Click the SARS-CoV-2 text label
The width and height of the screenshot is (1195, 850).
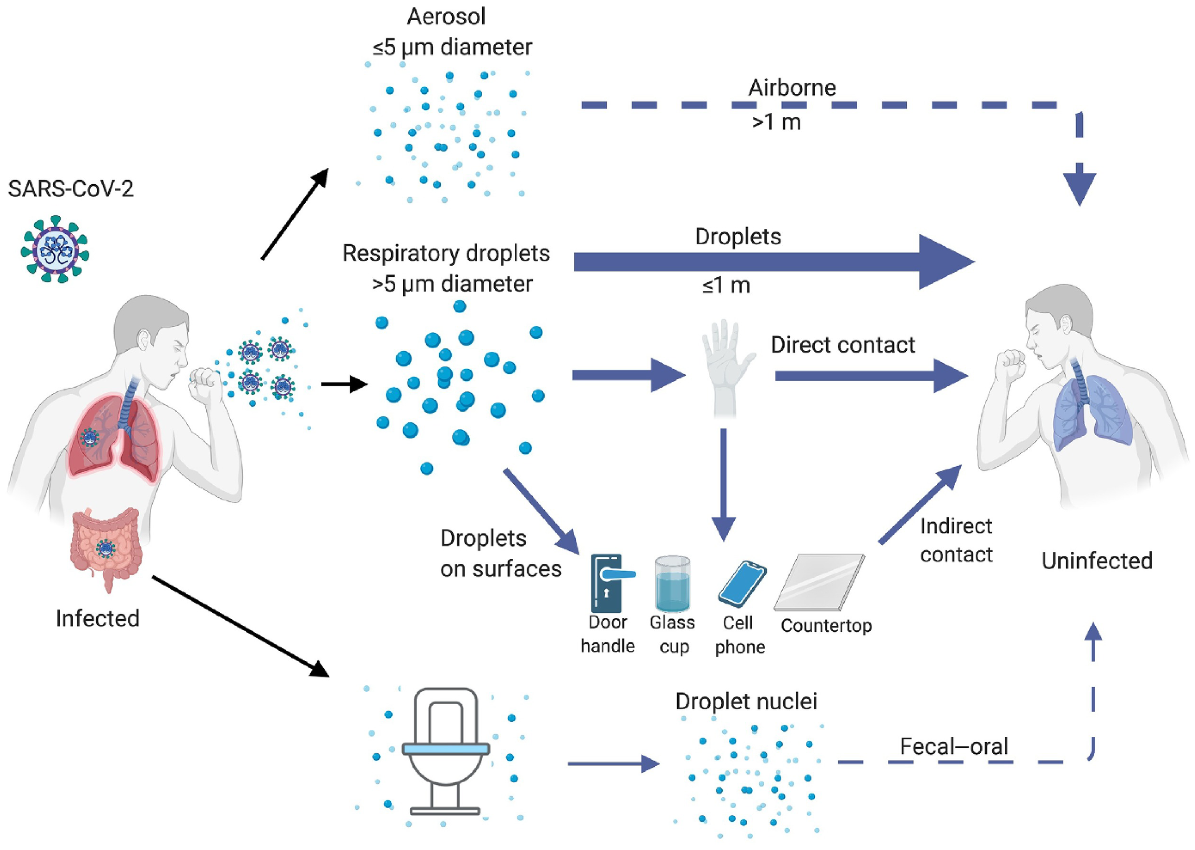click(71, 188)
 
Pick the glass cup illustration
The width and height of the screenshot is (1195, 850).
click(672, 584)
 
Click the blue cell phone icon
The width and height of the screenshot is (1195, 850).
click(742, 584)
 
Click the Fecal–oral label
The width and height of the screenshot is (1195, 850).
click(953, 746)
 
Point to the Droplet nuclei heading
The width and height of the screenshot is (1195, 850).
click(746, 702)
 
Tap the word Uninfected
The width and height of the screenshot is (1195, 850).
click(1096, 561)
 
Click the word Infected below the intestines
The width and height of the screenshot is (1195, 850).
click(98, 619)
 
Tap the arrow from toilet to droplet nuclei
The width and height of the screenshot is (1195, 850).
click(613, 764)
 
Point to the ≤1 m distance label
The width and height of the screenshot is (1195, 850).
click(726, 286)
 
